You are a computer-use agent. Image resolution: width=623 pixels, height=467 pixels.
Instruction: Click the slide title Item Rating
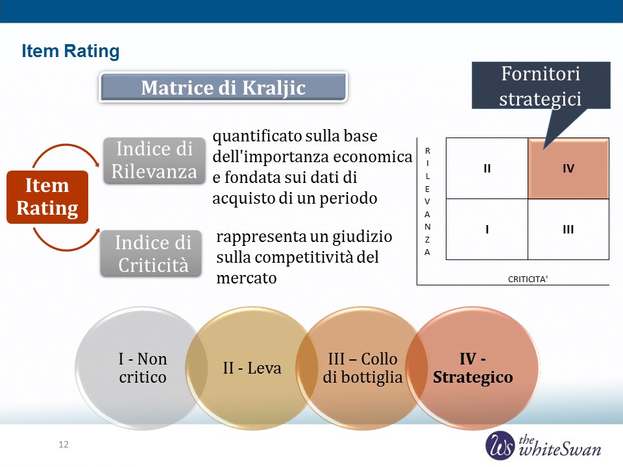click(70, 51)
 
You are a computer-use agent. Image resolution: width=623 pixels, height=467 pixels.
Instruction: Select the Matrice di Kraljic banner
click(223, 88)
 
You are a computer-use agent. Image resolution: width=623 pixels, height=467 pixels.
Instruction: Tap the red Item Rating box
click(47, 197)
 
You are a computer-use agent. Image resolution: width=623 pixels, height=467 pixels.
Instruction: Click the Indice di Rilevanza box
click(154, 160)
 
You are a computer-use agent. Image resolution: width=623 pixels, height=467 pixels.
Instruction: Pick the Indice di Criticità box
click(151, 254)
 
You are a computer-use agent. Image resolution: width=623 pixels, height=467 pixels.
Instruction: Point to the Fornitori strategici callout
click(541, 86)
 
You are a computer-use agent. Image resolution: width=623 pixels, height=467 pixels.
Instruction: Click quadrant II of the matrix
click(487, 169)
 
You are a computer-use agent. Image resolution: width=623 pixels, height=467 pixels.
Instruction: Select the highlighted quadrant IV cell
click(568, 169)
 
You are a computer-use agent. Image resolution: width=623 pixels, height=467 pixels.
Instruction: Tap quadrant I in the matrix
click(487, 230)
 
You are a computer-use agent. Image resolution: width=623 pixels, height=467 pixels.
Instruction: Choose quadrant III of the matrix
click(568, 230)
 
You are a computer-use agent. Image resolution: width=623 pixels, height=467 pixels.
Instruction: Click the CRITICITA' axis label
click(528, 279)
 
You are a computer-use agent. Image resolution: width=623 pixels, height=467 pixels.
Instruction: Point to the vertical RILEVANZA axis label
click(427, 201)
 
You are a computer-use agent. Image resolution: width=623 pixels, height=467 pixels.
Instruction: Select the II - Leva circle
click(252, 368)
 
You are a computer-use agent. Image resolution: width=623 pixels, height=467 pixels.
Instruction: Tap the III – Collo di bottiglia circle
click(362, 368)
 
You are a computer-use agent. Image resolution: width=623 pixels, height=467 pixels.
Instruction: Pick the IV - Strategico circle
click(473, 368)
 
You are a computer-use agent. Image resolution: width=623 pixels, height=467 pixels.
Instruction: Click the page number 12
click(64, 444)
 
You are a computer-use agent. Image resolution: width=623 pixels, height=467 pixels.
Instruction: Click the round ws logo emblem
click(500, 445)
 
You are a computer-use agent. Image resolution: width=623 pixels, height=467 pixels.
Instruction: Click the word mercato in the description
click(247, 278)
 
